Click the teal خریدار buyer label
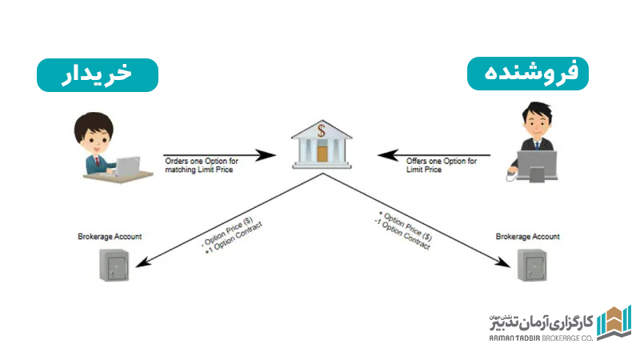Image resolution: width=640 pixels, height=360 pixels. (98, 75)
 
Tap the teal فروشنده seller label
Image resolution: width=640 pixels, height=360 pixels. (527, 75)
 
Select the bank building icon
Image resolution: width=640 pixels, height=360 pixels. (321, 145)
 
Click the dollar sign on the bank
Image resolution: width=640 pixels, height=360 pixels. (321, 130)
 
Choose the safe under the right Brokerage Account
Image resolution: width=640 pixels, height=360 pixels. (528, 263)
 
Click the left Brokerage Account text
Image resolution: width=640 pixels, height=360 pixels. (110, 237)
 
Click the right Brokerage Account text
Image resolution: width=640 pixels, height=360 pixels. (528, 237)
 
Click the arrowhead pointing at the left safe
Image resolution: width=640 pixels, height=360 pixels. (138, 263)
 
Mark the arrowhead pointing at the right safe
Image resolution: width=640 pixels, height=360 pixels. (503, 263)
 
